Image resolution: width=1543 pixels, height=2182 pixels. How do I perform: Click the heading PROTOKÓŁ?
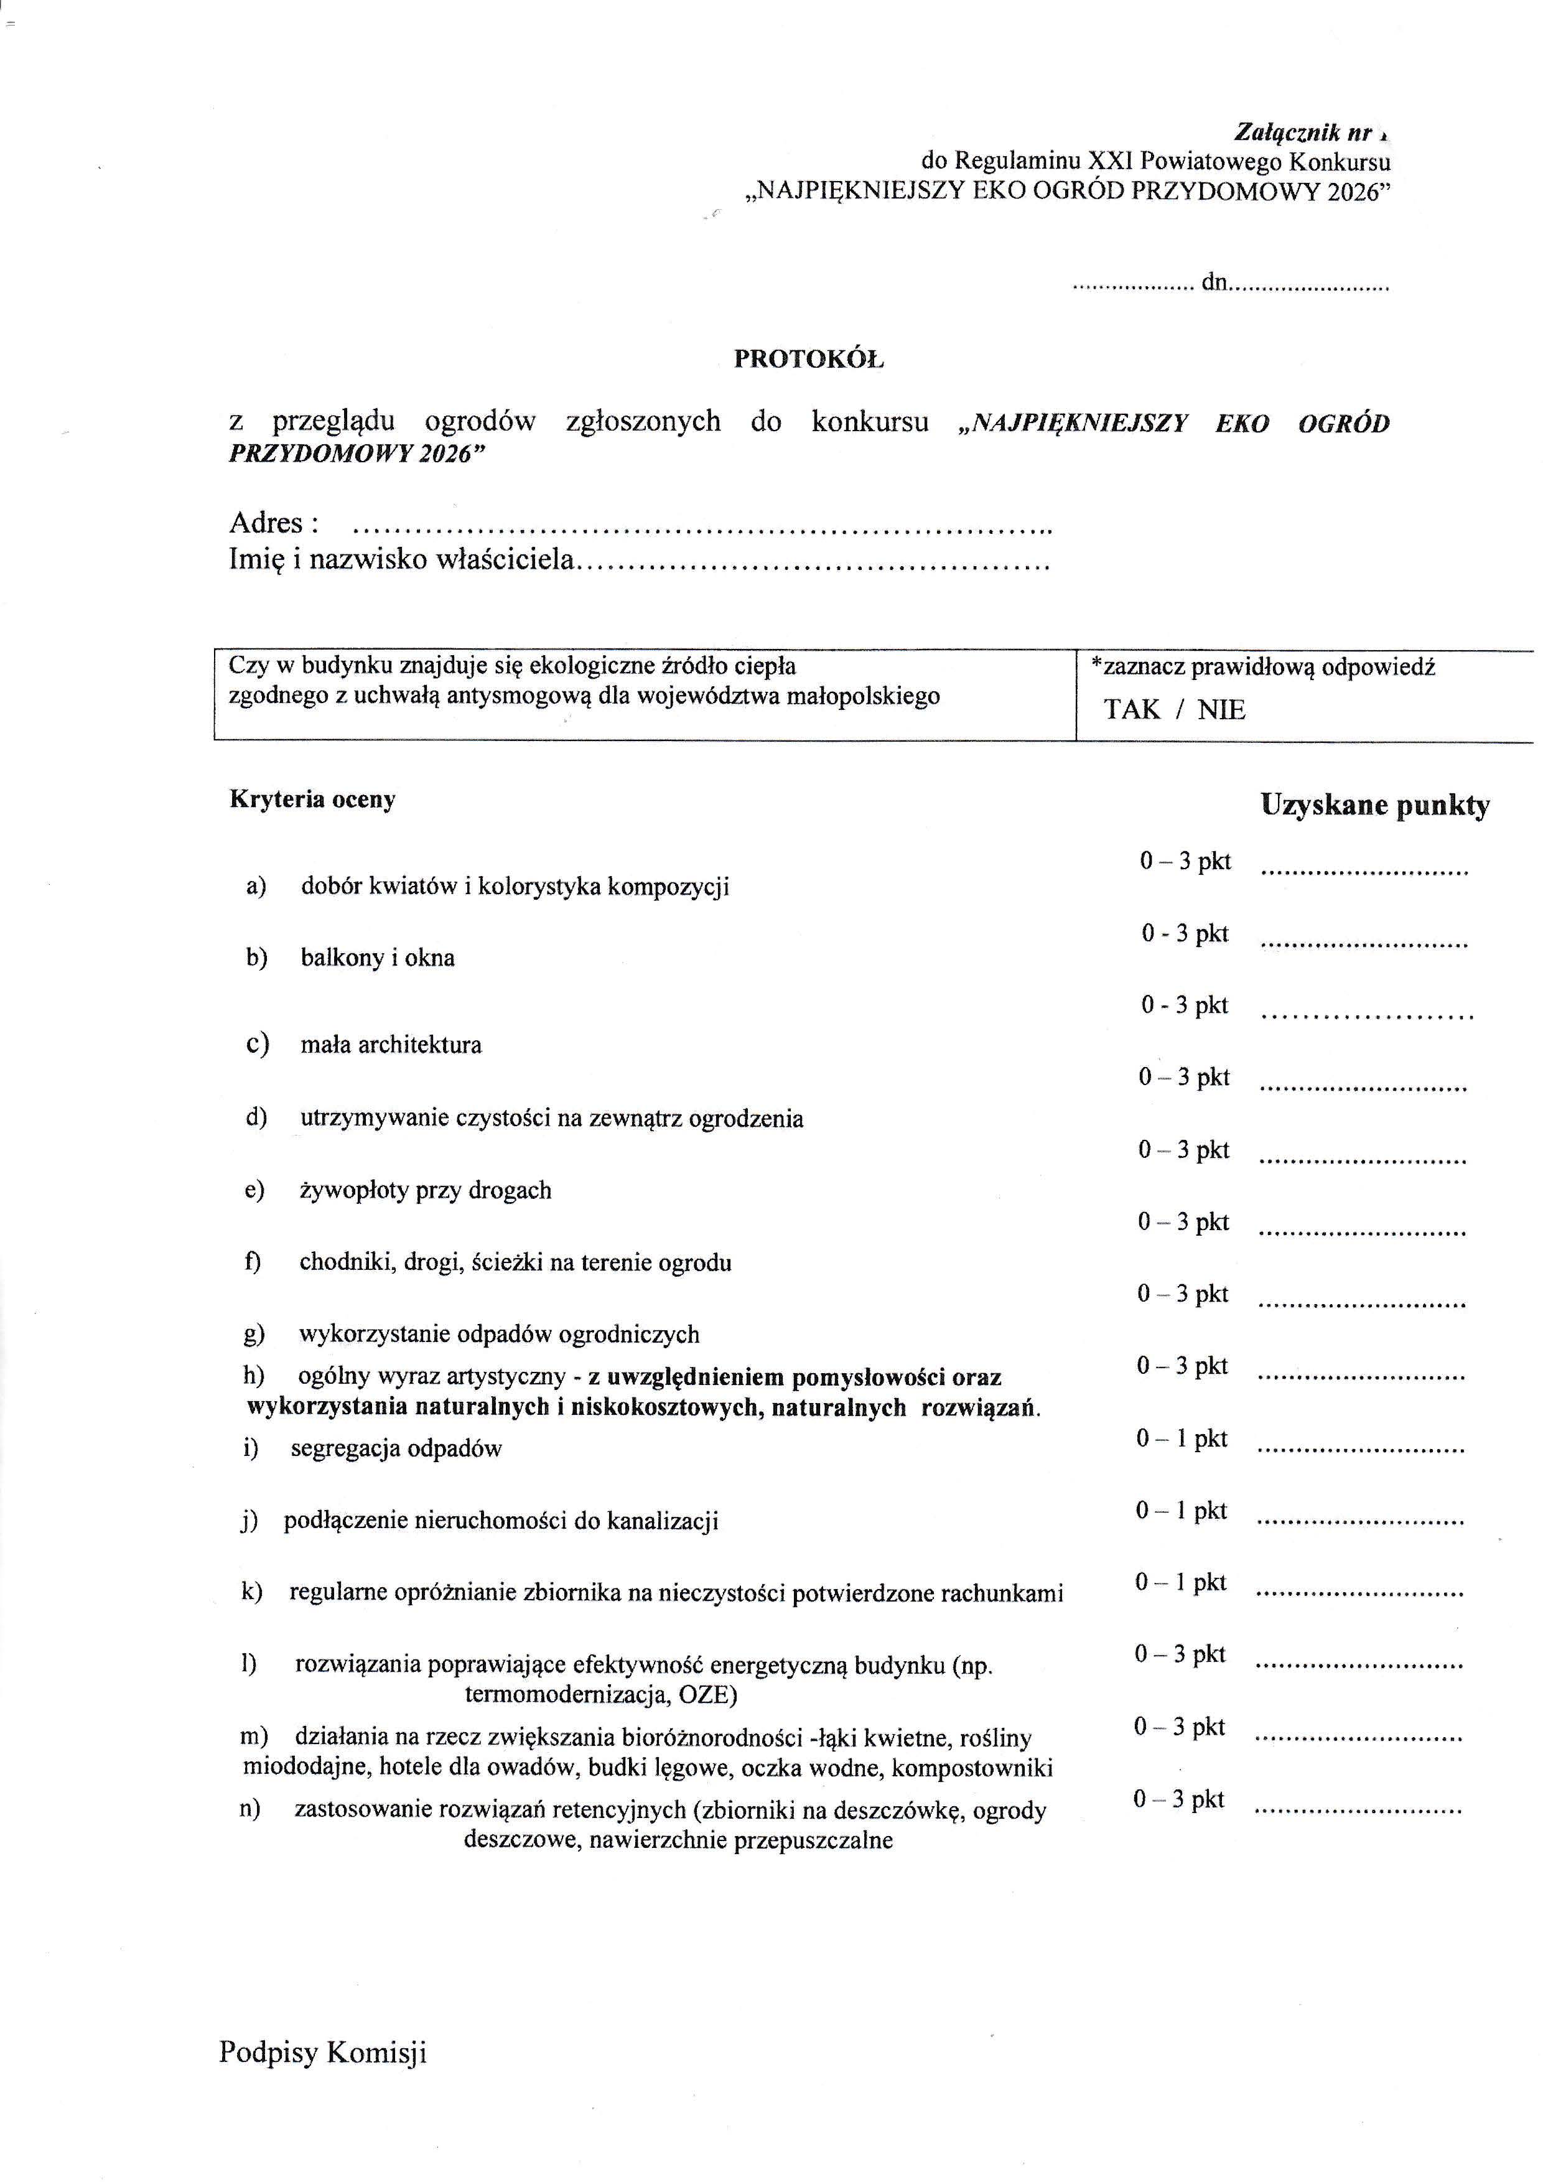click(809, 359)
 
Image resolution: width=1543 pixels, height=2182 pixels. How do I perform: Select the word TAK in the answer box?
click(1132, 710)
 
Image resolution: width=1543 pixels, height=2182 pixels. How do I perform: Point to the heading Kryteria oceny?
click(312, 800)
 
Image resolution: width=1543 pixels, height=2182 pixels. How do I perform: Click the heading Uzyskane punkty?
click(1375, 806)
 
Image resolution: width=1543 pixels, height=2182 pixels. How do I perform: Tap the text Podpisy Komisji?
click(323, 2053)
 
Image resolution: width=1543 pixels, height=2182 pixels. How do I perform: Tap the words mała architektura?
click(391, 1045)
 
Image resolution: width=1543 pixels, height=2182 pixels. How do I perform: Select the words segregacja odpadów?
click(396, 1449)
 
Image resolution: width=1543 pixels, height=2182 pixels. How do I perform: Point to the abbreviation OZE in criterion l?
click(706, 1695)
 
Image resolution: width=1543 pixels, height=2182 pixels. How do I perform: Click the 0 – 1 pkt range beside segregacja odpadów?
click(1182, 1439)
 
